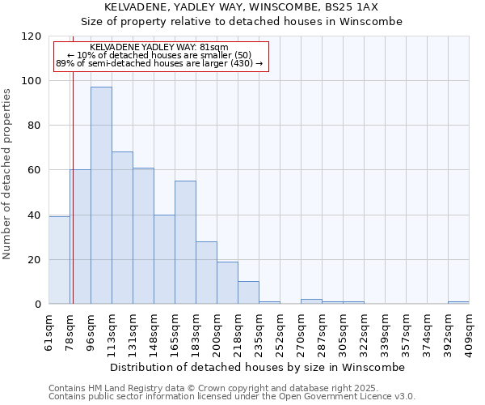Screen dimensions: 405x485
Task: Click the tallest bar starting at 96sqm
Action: (x=101, y=195)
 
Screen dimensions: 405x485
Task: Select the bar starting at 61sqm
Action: (x=59, y=260)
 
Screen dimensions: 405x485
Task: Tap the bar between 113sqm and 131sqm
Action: (x=122, y=228)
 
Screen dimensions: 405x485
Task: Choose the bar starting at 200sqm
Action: (x=227, y=283)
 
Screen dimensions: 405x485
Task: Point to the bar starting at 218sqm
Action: (x=248, y=292)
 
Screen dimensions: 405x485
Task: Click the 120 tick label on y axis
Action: (x=32, y=36)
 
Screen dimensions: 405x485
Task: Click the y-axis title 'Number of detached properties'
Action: (x=8, y=173)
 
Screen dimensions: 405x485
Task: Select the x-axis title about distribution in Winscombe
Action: (x=258, y=367)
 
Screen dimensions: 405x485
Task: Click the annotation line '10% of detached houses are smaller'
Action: (x=159, y=55)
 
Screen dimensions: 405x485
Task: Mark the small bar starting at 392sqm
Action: (x=458, y=302)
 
